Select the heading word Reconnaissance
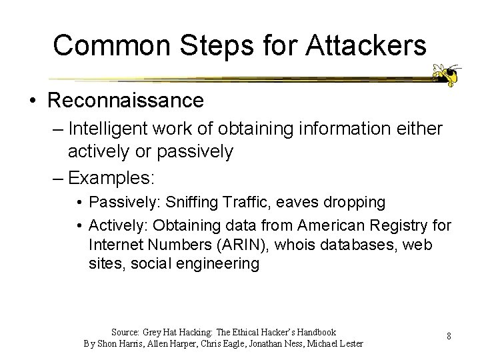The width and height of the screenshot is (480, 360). [125, 101]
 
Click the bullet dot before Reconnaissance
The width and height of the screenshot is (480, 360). [33, 101]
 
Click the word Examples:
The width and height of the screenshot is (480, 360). [111, 178]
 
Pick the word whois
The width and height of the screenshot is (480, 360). [293, 245]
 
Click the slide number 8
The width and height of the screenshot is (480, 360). [449, 336]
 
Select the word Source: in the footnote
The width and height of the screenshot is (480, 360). [125, 331]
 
